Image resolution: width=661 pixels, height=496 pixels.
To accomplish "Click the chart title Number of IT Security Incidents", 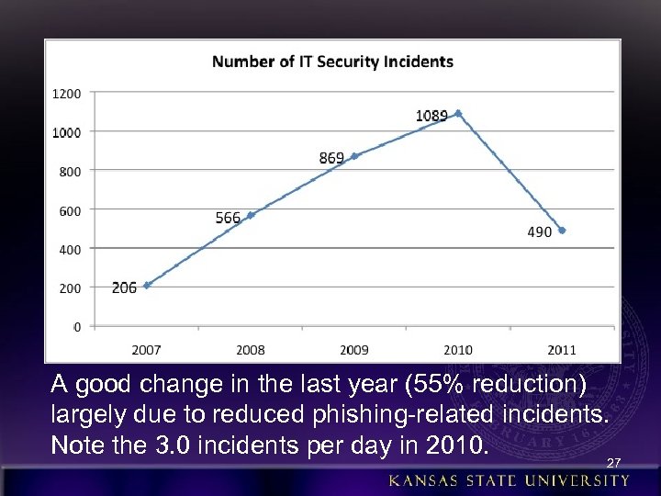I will click(x=332, y=62).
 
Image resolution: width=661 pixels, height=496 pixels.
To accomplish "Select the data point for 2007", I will click(x=147, y=285).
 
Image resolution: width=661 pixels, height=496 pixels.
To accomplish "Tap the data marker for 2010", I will click(x=457, y=114).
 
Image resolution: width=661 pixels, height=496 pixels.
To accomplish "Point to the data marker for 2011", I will click(x=562, y=231).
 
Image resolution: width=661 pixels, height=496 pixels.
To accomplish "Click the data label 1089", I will click(x=431, y=116).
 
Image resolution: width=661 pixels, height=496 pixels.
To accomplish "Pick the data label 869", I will click(x=331, y=158).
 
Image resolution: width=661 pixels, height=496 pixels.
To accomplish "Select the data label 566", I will click(x=228, y=218).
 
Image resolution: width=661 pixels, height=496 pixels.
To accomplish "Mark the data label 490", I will click(x=540, y=232).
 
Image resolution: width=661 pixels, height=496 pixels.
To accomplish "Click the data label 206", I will click(x=124, y=287).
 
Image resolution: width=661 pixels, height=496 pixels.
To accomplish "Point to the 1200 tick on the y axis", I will click(x=66, y=94).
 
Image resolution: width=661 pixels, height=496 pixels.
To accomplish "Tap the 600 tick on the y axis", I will click(x=70, y=210).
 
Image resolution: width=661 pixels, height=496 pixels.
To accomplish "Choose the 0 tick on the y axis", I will click(x=76, y=327).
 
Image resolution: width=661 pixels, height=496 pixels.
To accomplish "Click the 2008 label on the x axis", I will click(x=250, y=350).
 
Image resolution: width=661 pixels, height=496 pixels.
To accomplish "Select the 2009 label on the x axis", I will click(x=353, y=350).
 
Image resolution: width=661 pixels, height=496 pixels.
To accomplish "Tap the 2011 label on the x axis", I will click(x=561, y=350).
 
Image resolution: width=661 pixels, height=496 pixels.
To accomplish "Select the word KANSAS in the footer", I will click(x=424, y=481).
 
